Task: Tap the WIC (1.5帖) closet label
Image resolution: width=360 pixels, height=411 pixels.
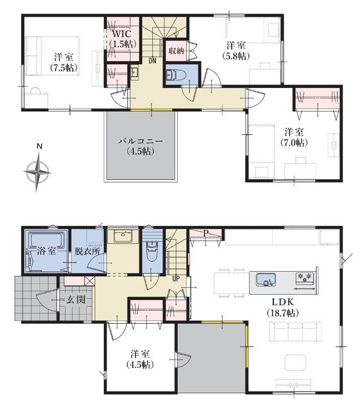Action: tap(123, 39)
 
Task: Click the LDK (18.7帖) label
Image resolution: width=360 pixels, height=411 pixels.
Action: tap(283, 307)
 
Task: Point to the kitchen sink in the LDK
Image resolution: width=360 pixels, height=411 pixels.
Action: tap(266, 279)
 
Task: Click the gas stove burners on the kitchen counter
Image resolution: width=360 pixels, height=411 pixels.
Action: tap(305, 278)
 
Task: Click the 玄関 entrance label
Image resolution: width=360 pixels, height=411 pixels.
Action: tap(76, 299)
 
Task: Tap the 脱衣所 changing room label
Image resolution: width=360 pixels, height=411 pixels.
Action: tap(87, 251)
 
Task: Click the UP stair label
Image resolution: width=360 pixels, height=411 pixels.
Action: tap(176, 279)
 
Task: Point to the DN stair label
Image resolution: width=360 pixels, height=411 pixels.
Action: tap(152, 61)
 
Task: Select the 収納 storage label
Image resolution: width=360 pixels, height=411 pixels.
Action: tap(176, 51)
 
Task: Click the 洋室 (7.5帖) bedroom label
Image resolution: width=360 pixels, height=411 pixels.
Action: tap(64, 63)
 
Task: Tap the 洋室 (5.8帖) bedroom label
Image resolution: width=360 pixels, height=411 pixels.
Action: tap(236, 51)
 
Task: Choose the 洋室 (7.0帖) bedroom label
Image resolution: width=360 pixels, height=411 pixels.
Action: tap(294, 137)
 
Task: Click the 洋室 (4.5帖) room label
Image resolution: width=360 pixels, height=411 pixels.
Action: tap(140, 360)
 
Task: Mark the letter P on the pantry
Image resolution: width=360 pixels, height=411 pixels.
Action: tap(206, 233)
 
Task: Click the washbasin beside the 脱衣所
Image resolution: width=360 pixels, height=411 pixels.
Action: tap(123, 236)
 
